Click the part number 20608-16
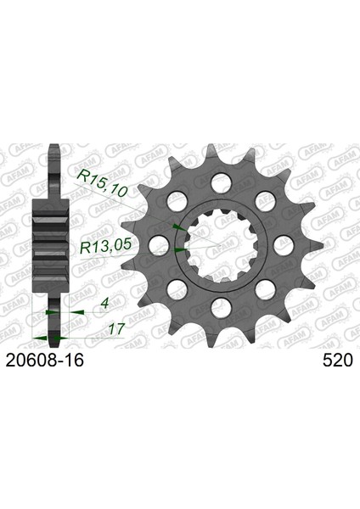pos(45,360)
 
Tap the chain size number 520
pos(338,360)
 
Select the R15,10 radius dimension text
pos(103,183)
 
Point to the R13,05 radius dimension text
pos(105,247)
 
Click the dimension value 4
pos(104,304)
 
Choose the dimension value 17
pos(116,329)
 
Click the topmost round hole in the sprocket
pos(221,182)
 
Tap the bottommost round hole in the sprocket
pos(221,309)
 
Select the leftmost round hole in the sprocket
pos(161,245)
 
